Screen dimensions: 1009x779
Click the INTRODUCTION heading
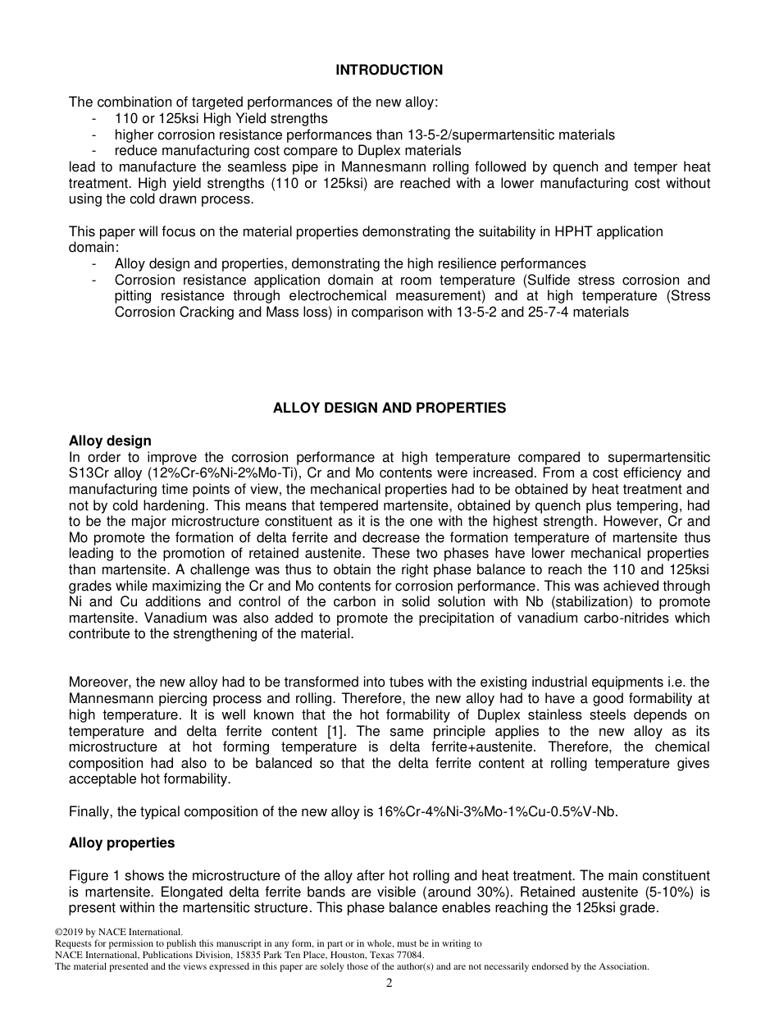[389, 71]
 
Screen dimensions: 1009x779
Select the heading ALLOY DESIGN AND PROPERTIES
[389, 408]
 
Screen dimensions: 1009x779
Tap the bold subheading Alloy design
[110, 441]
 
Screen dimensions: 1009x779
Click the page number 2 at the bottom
[389, 984]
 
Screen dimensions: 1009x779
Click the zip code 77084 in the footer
[410, 955]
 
